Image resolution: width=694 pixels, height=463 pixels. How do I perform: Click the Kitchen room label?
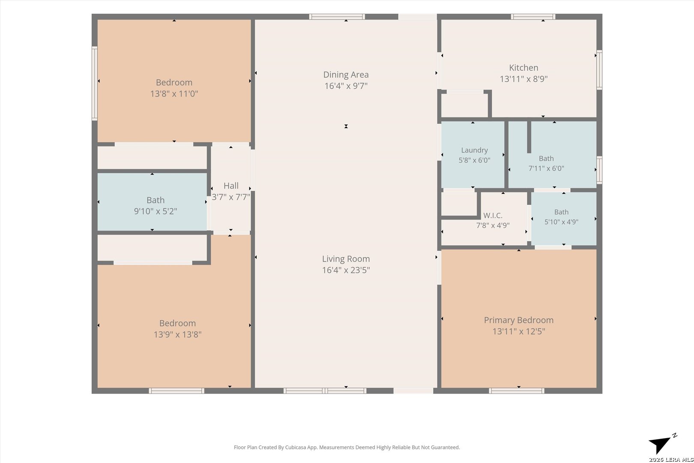[523, 68]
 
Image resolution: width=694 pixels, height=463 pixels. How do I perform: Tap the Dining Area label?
[346, 75]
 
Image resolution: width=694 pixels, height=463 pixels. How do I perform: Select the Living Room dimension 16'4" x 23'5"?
[346, 270]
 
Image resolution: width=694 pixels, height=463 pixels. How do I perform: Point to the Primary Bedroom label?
[519, 320]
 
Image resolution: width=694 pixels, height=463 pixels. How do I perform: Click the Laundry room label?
[474, 150]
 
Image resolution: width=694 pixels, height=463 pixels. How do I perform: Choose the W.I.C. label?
[493, 215]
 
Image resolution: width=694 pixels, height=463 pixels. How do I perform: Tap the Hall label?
[231, 186]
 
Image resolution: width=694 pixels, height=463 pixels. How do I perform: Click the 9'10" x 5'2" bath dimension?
[156, 211]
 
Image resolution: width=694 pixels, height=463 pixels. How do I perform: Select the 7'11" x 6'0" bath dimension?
[546, 168]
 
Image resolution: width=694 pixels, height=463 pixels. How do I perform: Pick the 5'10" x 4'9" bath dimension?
[561, 222]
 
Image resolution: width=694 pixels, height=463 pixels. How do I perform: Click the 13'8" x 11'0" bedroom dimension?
[174, 93]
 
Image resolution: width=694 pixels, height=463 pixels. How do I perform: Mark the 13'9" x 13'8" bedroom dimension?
[177, 335]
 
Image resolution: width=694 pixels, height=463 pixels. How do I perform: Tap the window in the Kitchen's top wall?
[533, 17]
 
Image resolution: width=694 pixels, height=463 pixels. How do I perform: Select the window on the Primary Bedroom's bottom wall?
[517, 391]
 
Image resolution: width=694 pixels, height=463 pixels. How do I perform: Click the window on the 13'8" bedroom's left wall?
[95, 84]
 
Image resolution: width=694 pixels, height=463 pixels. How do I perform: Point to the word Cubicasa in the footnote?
[296, 447]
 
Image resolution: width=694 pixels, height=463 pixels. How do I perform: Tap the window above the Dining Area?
[337, 17]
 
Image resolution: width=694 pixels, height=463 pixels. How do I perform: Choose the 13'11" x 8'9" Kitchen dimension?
[523, 79]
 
